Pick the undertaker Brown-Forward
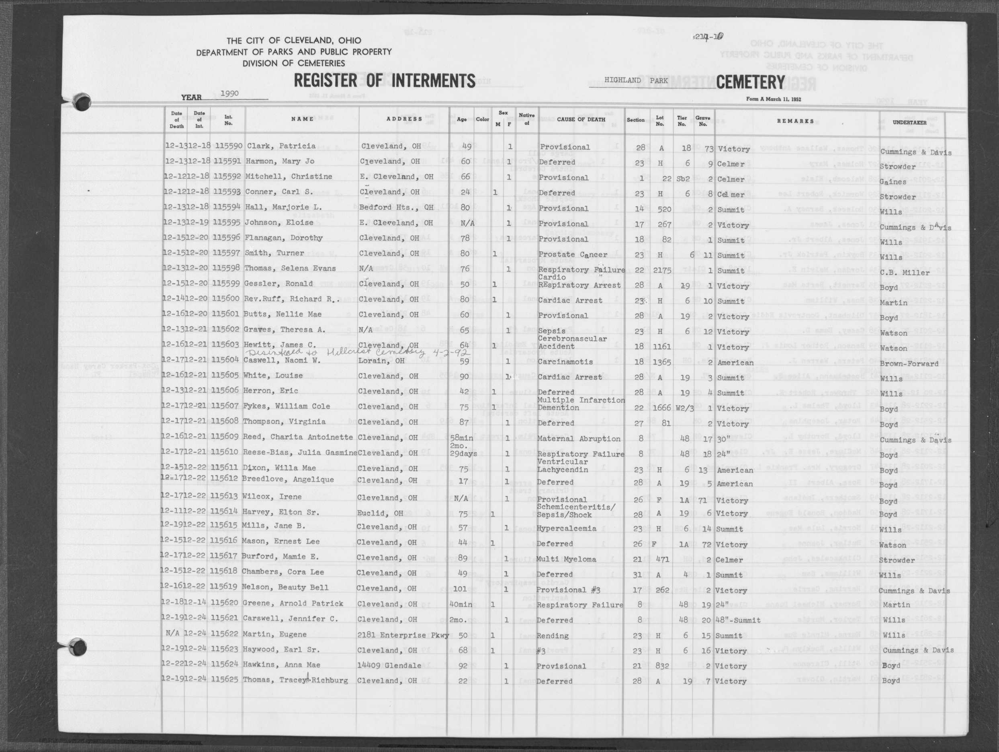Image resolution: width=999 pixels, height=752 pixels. (x=909, y=364)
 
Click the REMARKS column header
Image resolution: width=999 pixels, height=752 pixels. (x=795, y=121)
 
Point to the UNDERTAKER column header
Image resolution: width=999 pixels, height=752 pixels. (x=909, y=123)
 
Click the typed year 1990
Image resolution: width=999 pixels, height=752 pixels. (x=229, y=94)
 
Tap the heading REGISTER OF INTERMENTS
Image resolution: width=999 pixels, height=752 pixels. (x=384, y=81)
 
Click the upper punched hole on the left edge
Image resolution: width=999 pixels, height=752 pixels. (x=82, y=102)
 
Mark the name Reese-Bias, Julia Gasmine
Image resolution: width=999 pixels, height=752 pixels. (x=299, y=453)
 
